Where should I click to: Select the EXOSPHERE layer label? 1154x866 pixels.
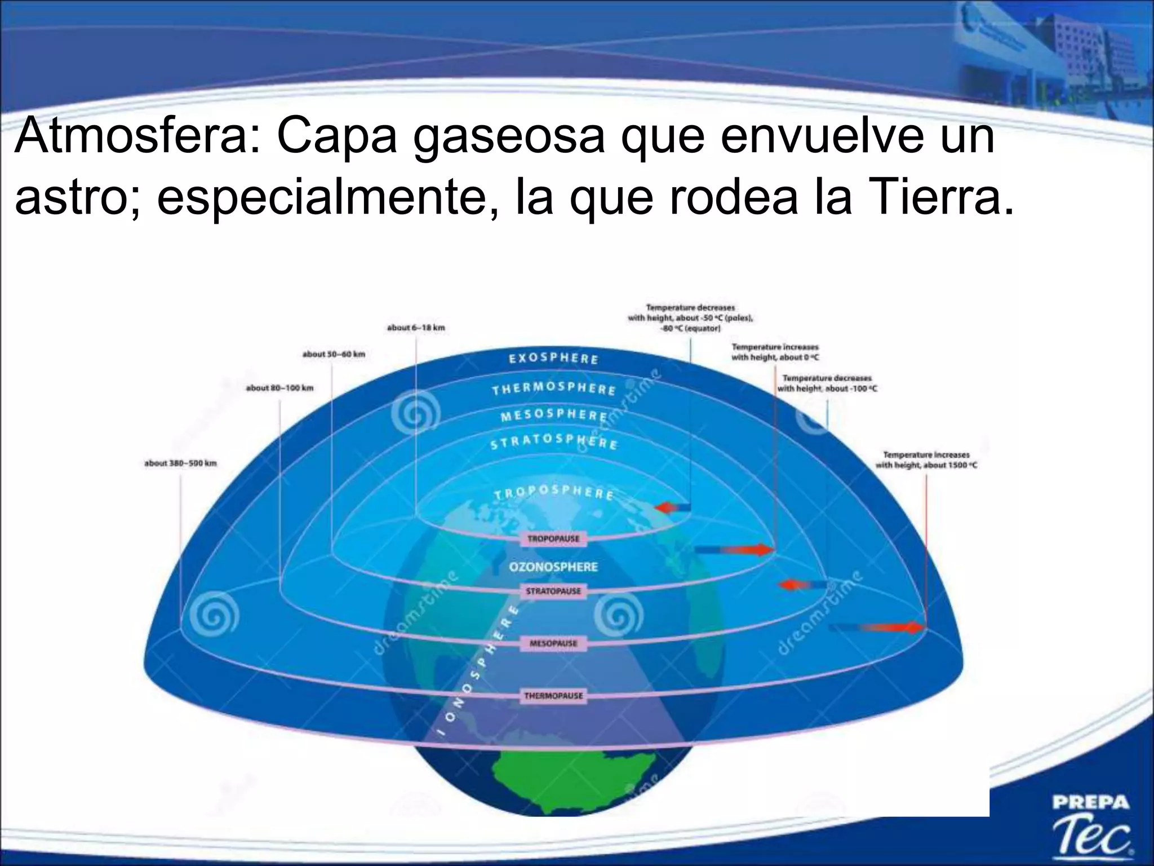point(553,359)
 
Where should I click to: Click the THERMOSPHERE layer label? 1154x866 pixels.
point(554,389)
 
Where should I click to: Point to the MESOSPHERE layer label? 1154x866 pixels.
point(554,416)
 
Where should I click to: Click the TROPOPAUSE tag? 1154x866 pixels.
point(553,538)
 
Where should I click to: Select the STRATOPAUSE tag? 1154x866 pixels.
point(553,591)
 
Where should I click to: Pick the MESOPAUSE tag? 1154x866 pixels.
point(553,643)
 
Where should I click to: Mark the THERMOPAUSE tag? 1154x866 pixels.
point(553,696)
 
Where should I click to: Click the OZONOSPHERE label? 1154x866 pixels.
point(553,567)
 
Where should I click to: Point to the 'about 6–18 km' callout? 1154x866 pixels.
point(416,328)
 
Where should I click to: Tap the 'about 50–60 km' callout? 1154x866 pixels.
point(334,354)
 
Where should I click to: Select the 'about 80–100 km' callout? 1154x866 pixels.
point(279,388)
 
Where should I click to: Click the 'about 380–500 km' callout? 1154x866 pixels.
point(180,463)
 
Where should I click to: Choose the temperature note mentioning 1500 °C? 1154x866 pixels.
point(926,459)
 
